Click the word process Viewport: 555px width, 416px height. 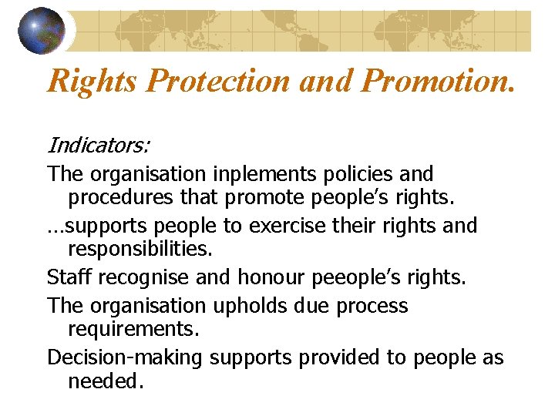(370, 306)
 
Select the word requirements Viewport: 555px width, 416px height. (133, 330)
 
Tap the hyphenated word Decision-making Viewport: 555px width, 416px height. (125, 358)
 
